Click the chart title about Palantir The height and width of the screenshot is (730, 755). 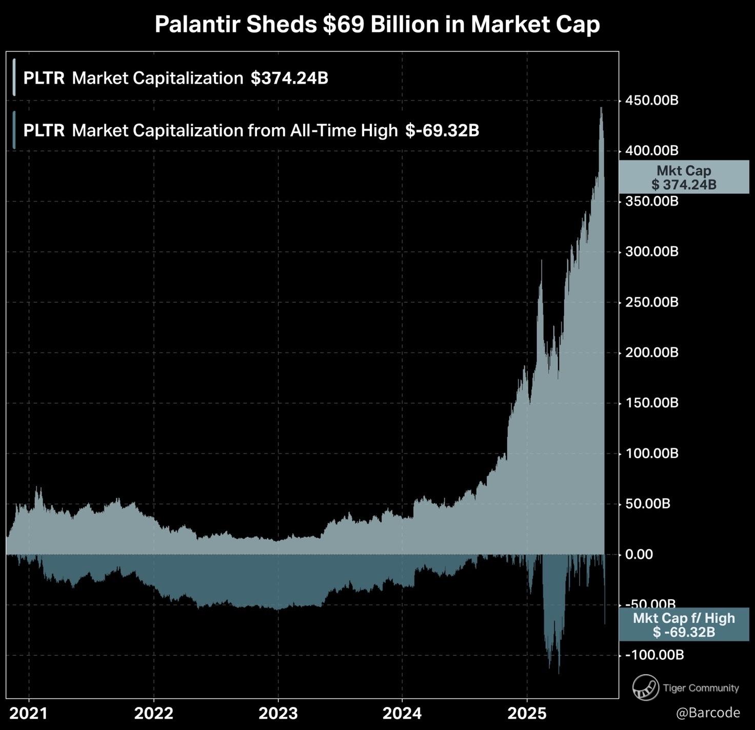[377, 25]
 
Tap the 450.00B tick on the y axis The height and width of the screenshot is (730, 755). [651, 100]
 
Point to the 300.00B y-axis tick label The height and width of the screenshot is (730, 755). [651, 252]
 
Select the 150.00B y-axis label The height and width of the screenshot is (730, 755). [651, 403]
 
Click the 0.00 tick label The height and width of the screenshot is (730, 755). [639, 554]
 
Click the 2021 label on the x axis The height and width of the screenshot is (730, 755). [29, 713]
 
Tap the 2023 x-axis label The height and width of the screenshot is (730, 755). [278, 713]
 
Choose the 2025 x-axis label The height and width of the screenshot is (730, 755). [527, 713]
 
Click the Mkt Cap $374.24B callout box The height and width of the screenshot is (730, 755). [684, 177]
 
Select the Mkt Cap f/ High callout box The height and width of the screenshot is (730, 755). [684, 625]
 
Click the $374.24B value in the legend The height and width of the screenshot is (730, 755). [289, 78]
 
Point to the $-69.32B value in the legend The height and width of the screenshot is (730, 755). [442, 131]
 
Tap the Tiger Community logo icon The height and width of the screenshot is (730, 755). [645, 687]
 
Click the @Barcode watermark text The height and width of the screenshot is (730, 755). [708, 713]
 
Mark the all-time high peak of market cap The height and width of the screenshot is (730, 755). [601, 108]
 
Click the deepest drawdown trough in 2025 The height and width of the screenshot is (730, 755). [559, 673]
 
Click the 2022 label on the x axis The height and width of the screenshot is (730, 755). [153, 713]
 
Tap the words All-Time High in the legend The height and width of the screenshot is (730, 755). [344, 131]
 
